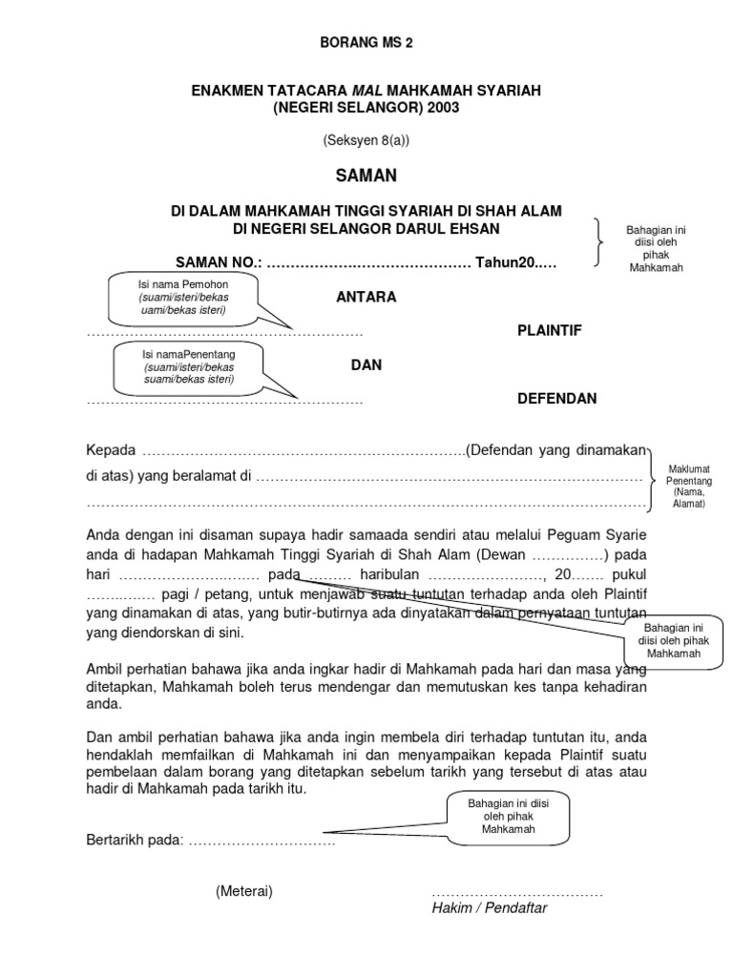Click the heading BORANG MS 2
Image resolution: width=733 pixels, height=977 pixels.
[366, 43]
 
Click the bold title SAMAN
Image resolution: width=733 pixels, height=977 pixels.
[366, 176]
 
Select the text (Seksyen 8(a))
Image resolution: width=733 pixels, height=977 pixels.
[366, 140]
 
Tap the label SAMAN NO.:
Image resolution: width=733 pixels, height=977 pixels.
[217, 263]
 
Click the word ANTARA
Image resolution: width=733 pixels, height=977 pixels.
[366, 297]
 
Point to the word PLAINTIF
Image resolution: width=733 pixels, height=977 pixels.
[549, 330]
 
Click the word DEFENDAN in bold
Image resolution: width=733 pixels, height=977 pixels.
[556, 399]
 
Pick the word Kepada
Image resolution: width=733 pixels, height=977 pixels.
[111, 450]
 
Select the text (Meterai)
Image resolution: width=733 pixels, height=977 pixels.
[244, 891]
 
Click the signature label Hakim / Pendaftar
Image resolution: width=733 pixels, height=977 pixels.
[489, 908]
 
